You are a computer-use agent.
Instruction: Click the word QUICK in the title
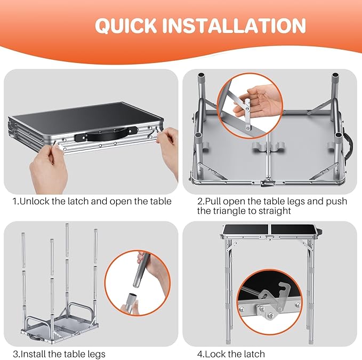coord(126,26)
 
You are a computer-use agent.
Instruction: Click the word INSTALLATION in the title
coord(234,25)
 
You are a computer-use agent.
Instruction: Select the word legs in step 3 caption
coord(96,354)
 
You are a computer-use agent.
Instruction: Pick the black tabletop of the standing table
coord(271,229)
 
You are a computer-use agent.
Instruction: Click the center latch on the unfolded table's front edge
coord(268,183)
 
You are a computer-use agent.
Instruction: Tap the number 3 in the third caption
coord(15,354)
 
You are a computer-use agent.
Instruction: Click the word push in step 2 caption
coord(336,202)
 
